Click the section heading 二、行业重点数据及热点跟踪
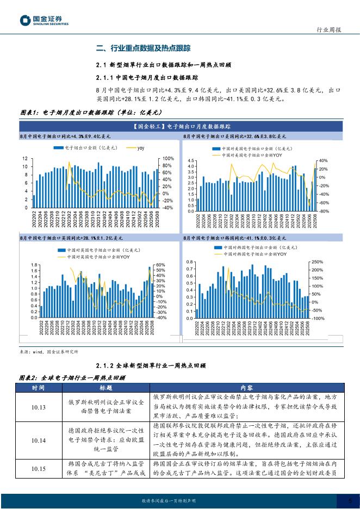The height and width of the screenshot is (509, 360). pyautogui.click(x=143, y=48)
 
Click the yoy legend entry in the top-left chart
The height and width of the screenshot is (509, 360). pyautogui.click(x=140, y=147)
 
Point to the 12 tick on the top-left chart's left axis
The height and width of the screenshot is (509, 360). pyautogui.click(x=24, y=158)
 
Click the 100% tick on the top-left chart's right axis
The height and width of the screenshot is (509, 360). pyautogui.click(x=167, y=158)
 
